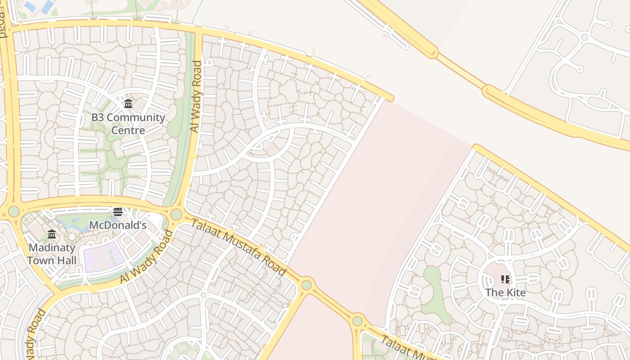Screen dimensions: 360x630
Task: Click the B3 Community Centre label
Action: click(128, 124)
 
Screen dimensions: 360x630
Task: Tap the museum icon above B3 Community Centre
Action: click(128, 104)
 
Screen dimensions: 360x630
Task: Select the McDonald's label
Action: click(118, 225)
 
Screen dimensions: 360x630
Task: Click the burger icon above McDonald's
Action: click(118, 211)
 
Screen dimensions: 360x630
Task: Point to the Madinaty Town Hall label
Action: click(52, 254)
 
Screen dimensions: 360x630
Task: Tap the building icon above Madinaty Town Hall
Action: click(52, 234)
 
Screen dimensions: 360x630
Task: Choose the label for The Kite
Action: click(505, 292)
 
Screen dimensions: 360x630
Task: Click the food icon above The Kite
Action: click(505, 279)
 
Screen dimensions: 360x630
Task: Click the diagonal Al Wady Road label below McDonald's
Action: click(147, 257)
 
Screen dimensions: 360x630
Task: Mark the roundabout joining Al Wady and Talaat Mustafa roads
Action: click(176, 214)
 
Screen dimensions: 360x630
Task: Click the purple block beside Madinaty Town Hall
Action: click(103, 256)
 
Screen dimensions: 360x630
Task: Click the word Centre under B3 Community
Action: click(128, 130)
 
